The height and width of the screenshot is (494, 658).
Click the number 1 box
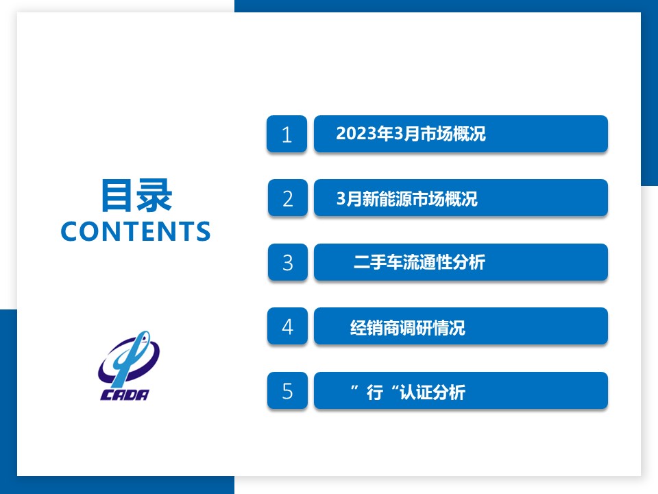287,134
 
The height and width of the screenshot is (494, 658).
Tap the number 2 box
287,198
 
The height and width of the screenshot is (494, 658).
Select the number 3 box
287,262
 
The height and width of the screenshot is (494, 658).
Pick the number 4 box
287,327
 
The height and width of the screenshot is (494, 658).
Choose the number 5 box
287,390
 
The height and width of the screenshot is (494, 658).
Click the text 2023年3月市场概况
411,134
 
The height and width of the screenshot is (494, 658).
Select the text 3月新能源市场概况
406,199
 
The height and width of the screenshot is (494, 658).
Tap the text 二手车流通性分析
419,262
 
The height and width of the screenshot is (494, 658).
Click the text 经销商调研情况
407,328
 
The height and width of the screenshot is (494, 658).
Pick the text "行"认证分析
408,392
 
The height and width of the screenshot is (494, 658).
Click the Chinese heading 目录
136,196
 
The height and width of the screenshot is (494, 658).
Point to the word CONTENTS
136,231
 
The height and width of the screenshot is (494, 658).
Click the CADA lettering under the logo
125,395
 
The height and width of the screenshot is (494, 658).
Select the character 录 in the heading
155,196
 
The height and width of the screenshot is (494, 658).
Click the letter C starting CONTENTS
71,231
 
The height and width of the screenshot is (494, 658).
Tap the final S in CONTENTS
203,231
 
